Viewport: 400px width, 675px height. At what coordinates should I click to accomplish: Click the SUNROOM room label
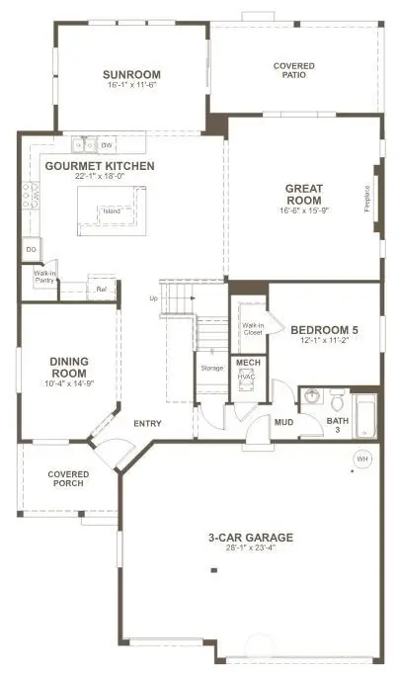[x=131, y=74]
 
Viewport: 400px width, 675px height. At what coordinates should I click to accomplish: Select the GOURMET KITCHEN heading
[x=100, y=166]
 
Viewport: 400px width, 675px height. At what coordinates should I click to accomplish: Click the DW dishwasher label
[x=106, y=145]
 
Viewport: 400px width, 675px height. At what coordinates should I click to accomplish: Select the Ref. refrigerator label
[x=101, y=290]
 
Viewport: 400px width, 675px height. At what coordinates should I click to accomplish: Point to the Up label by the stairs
[x=152, y=297]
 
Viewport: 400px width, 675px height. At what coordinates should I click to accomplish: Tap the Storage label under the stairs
[x=211, y=368]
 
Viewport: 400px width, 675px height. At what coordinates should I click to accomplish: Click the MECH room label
[x=247, y=364]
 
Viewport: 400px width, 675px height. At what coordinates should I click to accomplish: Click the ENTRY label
[x=147, y=424]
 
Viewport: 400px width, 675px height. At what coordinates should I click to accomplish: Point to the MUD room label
[x=283, y=422]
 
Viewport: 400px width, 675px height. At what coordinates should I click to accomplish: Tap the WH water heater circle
[x=360, y=459]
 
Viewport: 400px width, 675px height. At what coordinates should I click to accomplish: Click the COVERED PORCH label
[x=67, y=479]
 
